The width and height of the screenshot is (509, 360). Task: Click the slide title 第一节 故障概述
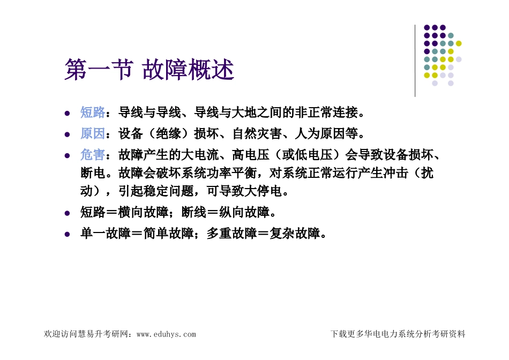click(x=149, y=70)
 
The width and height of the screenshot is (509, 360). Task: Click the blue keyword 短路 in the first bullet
click(x=93, y=112)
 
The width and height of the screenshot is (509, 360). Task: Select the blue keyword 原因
click(x=93, y=134)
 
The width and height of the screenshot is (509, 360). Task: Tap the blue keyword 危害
click(x=93, y=155)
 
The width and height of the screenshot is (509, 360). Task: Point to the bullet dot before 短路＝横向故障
click(x=67, y=213)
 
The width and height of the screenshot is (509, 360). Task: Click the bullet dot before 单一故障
click(x=67, y=235)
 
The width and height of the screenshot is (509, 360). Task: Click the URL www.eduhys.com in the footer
click(x=166, y=334)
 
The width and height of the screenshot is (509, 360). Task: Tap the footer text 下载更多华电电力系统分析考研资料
click(x=398, y=334)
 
